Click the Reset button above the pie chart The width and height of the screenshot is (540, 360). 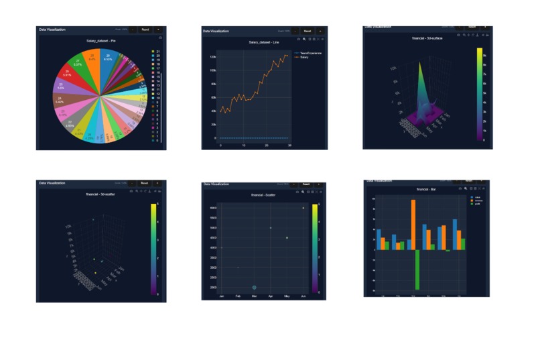[145, 29]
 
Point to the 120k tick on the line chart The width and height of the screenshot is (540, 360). [212, 57]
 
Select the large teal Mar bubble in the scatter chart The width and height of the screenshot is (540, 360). [255, 287]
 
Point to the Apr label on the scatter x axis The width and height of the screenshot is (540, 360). [271, 296]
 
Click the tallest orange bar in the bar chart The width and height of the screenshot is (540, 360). [413, 224]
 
